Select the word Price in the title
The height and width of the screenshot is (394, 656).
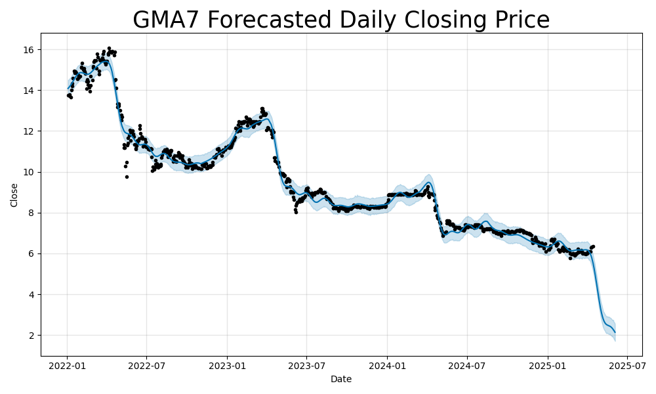click(x=519, y=20)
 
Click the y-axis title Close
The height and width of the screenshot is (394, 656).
click(x=14, y=195)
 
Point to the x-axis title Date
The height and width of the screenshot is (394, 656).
click(x=341, y=379)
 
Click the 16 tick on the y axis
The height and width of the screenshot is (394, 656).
click(x=30, y=50)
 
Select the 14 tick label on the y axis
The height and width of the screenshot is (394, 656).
click(x=30, y=91)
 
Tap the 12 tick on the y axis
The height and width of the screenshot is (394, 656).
click(x=30, y=131)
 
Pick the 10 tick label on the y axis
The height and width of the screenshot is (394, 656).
click(x=30, y=172)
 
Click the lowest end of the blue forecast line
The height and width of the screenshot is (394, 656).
click(x=615, y=332)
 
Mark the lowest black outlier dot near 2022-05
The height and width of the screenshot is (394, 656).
click(x=127, y=177)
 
